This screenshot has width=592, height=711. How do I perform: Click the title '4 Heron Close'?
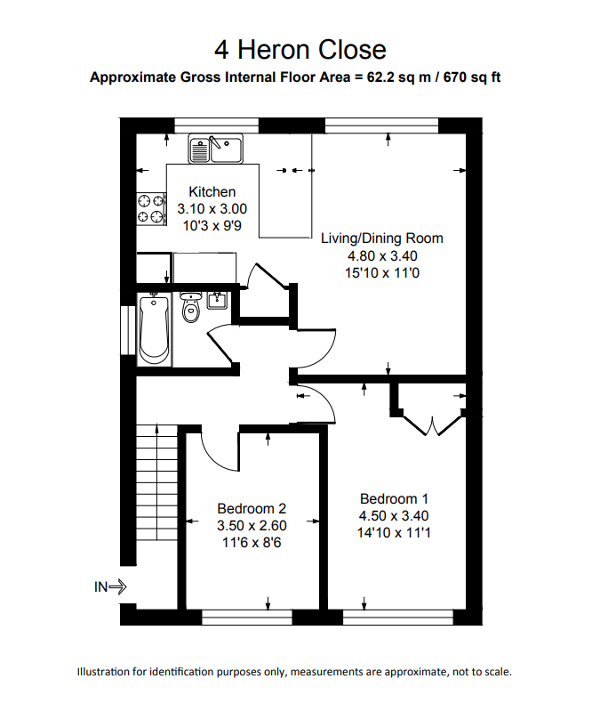300,50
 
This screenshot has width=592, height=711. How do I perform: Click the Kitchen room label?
212,192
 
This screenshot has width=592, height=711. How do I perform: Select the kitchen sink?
216,149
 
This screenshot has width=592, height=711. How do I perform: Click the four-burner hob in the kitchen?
151,208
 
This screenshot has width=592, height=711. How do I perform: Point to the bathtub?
154,329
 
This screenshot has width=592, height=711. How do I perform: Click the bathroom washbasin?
218,301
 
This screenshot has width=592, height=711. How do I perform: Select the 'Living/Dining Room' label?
382,238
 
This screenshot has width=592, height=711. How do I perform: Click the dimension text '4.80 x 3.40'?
382,255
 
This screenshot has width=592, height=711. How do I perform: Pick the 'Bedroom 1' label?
394,499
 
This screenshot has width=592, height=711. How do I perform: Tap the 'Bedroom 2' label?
252,508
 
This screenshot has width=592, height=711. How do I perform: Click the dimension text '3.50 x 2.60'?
252,526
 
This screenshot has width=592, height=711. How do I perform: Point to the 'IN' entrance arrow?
110,587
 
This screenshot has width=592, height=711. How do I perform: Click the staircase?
156,482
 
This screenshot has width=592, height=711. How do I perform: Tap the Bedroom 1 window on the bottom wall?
398,618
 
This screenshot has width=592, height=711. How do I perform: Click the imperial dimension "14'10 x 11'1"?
394,532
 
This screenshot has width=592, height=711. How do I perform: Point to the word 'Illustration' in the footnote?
104,672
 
